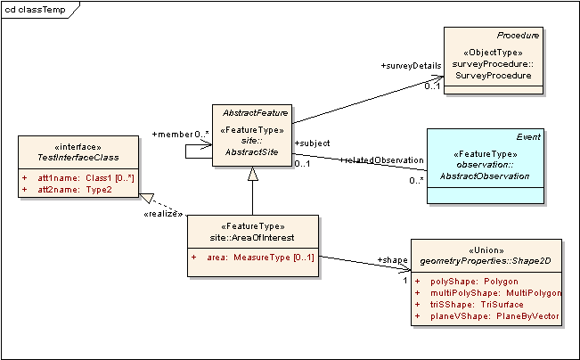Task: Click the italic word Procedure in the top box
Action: (x=519, y=35)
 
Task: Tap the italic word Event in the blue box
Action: (x=529, y=136)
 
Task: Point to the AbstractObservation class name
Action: (x=486, y=177)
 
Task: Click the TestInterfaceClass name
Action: (x=78, y=157)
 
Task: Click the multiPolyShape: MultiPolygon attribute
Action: (x=490, y=292)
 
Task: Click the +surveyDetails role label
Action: (x=411, y=66)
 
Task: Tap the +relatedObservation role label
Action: (x=382, y=160)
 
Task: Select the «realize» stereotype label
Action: (x=162, y=214)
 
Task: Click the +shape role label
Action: (x=392, y=259)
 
